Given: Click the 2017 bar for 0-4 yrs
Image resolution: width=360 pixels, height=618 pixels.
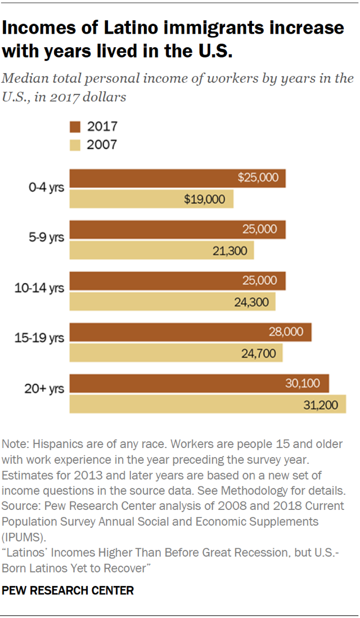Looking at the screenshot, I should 177,178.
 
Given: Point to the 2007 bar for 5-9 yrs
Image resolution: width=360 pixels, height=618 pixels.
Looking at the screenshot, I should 161,250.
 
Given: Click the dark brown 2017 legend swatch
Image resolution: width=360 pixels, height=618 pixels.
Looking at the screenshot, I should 75,126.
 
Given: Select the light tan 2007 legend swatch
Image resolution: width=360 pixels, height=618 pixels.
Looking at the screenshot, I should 75,145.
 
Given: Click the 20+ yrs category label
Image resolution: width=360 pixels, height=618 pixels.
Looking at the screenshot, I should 44,388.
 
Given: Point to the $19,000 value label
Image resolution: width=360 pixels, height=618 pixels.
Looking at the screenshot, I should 204,199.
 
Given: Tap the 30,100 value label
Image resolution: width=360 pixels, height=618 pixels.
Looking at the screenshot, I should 303,384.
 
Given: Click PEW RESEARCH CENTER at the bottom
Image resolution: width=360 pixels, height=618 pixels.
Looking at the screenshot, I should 68,590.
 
